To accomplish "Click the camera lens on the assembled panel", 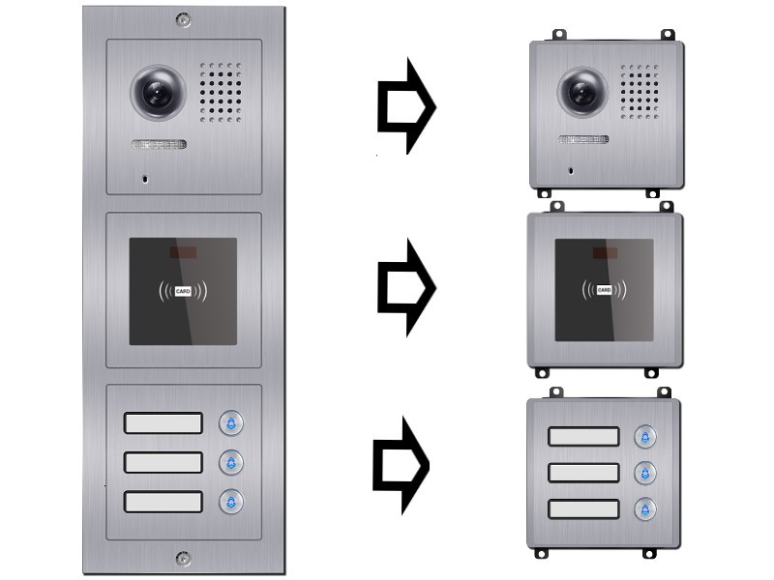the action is click(x=158, y=92).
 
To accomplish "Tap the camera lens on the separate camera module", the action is click(x=583, y=92).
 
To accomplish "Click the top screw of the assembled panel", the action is click(x=183, y=20).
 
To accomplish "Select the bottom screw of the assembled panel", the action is click(x=183, y=559).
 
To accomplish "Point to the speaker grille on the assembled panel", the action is click(x=221, y=92).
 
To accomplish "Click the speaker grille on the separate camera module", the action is click(x=640, y=92).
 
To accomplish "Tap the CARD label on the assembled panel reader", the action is click(x=183, y=292).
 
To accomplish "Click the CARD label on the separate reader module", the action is click(x=604, y=290).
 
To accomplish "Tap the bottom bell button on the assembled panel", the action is click(x=231, y=502).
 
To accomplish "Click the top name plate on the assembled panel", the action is click(x=163, y=423).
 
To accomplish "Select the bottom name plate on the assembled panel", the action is click(x=163, y=502).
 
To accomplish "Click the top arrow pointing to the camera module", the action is click(x=406, y=105).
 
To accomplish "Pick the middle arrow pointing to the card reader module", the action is click(x=406, y=287).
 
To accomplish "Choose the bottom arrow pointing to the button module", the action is click(x=401, y=466).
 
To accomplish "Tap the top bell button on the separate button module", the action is click(x=645, y=437).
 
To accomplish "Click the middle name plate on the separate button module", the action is click(x=583, y=473).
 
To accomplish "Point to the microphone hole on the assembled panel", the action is click(x=145, y=179).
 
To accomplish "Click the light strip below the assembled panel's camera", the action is click(x=159, y=144).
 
